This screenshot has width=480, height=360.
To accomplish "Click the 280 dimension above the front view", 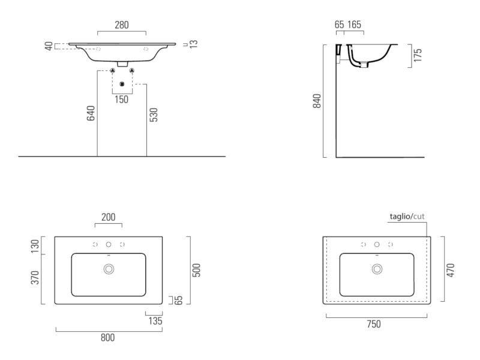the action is [x=122, y=25].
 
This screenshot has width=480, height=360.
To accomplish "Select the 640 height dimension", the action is [x=91, y=113].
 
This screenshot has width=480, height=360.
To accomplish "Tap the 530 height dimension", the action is [x=154, y=115].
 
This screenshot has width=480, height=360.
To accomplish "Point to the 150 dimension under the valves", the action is [x=122, y=100].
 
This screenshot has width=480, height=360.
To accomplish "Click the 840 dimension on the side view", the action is [x=317, y=101].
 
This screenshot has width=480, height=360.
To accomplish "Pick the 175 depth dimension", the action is [x=418, y=55].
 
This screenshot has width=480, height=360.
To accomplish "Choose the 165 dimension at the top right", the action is [x=354, y=25].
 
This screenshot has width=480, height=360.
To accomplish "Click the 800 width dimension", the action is [x=108, y=338].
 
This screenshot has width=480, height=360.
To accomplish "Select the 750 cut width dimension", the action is [x=374, y=324].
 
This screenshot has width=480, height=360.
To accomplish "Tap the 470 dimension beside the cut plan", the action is [x=451, y=271].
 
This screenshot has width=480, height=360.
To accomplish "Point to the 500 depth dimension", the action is [x=196, y=270].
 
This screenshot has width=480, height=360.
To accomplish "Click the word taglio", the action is [x=400, y=217].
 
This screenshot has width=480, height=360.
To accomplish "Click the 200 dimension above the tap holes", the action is [x=109, y=217].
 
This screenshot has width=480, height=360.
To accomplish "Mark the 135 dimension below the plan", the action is [x=155, y=321].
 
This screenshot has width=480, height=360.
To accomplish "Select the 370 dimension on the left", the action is [x=35, y=277].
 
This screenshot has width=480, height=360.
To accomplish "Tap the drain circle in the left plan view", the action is [x=109, y=269].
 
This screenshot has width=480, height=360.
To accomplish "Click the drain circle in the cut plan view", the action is [x=377, y=269].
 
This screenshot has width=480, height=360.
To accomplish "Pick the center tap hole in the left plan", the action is [x=109, y=245].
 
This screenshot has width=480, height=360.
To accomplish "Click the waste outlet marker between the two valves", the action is [x=122, y=84].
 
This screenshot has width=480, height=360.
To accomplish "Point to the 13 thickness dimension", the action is [x=193, y=44].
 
